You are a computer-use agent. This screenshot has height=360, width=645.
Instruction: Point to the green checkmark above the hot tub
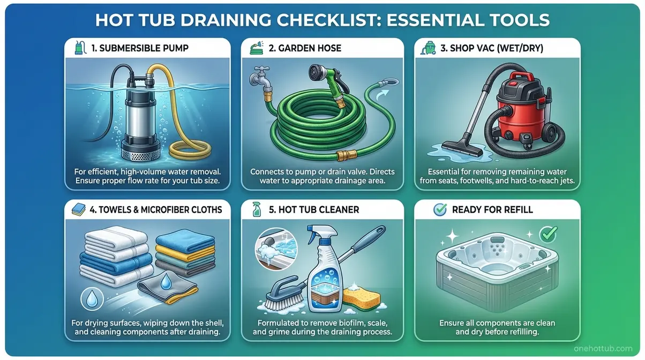[546, 234]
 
